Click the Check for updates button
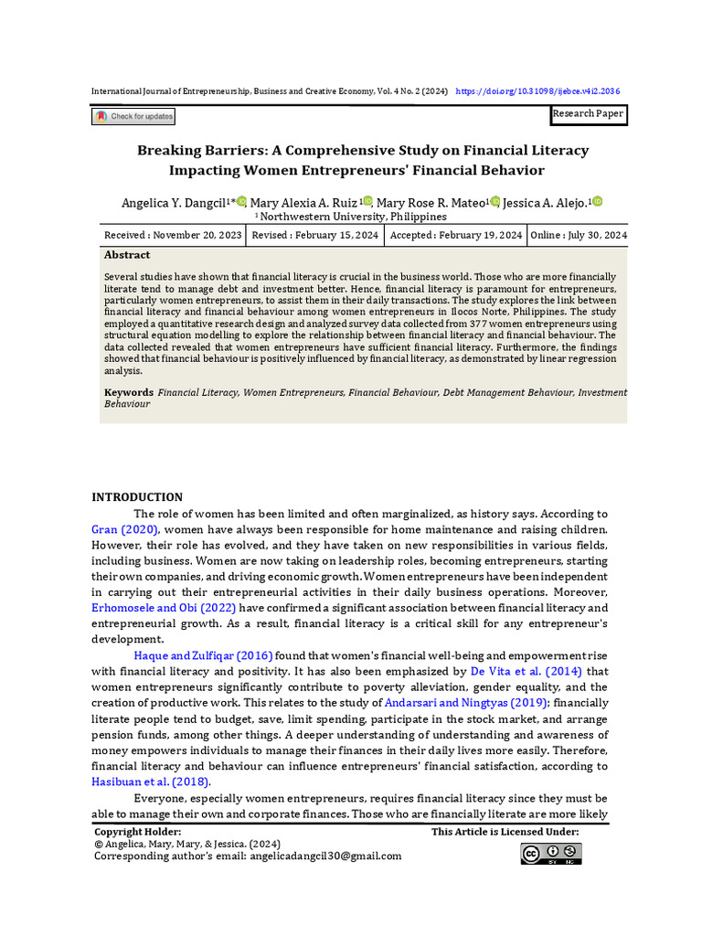click(133, 117)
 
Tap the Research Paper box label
click(588, 114)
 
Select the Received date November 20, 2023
click(173, 235)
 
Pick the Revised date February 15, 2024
click(314, 235)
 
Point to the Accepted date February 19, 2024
click(455, 235)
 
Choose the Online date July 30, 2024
click(578, 235)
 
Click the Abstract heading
click(127, 255)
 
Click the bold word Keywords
click(128, 392)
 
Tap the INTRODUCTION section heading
click(137, 497)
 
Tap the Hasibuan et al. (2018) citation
click(150, 782)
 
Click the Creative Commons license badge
click(551, 854)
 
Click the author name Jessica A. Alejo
click(547, 202)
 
